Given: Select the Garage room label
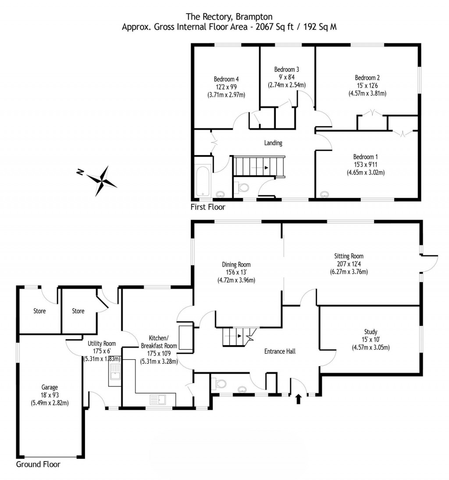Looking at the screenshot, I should pos(50,387).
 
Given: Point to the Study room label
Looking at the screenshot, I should pos(371,332).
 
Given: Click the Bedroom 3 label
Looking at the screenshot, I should pos(287,69).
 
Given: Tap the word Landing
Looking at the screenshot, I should pos(273,143).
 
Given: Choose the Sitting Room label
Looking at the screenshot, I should pos(349,256).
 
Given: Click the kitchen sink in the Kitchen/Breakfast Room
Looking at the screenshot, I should pos(156,399).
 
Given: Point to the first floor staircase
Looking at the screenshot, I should pos(259,167).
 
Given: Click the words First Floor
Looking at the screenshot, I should pos(208,206).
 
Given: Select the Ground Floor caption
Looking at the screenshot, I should pos(38,464).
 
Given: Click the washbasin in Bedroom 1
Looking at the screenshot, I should pos(324,194).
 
